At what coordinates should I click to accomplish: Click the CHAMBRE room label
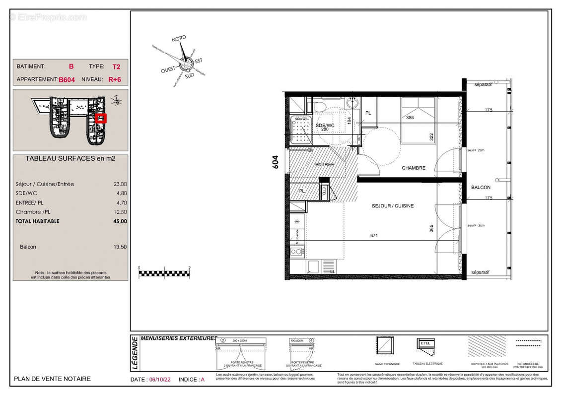coord(414,168)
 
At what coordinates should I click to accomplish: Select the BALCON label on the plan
coord(481,187)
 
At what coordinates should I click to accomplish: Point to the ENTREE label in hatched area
coord(325,164)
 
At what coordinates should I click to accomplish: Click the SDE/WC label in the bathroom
coord(325,126)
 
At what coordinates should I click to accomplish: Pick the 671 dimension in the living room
coord(373,235)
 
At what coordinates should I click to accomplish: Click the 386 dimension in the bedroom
coord(410,118)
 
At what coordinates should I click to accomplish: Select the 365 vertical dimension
coord(431,229)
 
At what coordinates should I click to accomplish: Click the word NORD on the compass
coord(179,39)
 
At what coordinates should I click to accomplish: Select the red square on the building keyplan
coord(101,119)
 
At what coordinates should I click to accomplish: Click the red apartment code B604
coord(67,79)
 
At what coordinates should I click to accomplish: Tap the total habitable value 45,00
coord(120,221)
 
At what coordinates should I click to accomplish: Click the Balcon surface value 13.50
coord(120,247)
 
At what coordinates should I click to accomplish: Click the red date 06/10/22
coord(161,379)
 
